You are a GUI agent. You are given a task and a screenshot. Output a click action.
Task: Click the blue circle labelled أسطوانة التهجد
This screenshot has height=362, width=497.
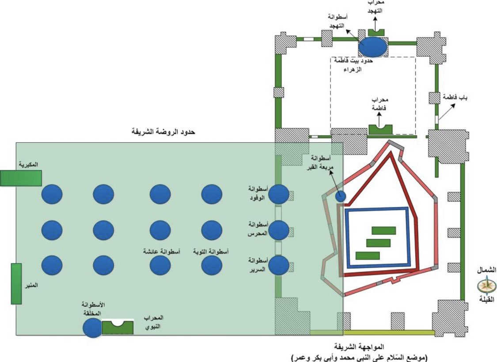tap(373, 45)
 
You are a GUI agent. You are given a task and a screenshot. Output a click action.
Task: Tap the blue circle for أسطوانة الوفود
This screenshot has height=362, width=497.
tap(279, 194)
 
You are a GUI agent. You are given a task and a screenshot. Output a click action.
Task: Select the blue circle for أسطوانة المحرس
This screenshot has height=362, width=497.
tap(279, 230)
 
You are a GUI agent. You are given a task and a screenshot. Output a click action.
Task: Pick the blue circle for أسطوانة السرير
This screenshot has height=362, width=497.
tap(279, 265)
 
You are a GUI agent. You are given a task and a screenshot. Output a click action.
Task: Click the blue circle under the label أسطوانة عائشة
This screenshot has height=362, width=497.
tap(160, 266)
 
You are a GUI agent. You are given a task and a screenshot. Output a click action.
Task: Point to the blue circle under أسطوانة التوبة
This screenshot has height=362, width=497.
tap(211, 266)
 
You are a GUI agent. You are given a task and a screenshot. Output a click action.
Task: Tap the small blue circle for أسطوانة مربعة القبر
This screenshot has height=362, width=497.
tap(340, 196)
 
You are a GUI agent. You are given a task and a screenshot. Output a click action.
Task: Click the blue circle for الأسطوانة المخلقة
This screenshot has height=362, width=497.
tap(93, 328)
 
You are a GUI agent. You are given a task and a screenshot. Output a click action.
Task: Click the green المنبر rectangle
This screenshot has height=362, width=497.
tap(16, 283)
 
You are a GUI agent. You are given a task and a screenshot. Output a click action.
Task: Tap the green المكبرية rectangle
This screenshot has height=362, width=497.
tap(20, 177)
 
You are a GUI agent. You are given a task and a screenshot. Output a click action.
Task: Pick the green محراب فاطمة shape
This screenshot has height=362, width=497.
tap(380, 129)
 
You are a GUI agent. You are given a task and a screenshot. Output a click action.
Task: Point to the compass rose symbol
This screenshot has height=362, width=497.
tap(487, 286)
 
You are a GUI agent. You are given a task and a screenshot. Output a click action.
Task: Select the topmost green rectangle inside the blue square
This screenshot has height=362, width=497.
tap(383, 230)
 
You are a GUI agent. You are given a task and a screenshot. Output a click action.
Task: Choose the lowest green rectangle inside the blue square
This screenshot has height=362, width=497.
tap(368, 256)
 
